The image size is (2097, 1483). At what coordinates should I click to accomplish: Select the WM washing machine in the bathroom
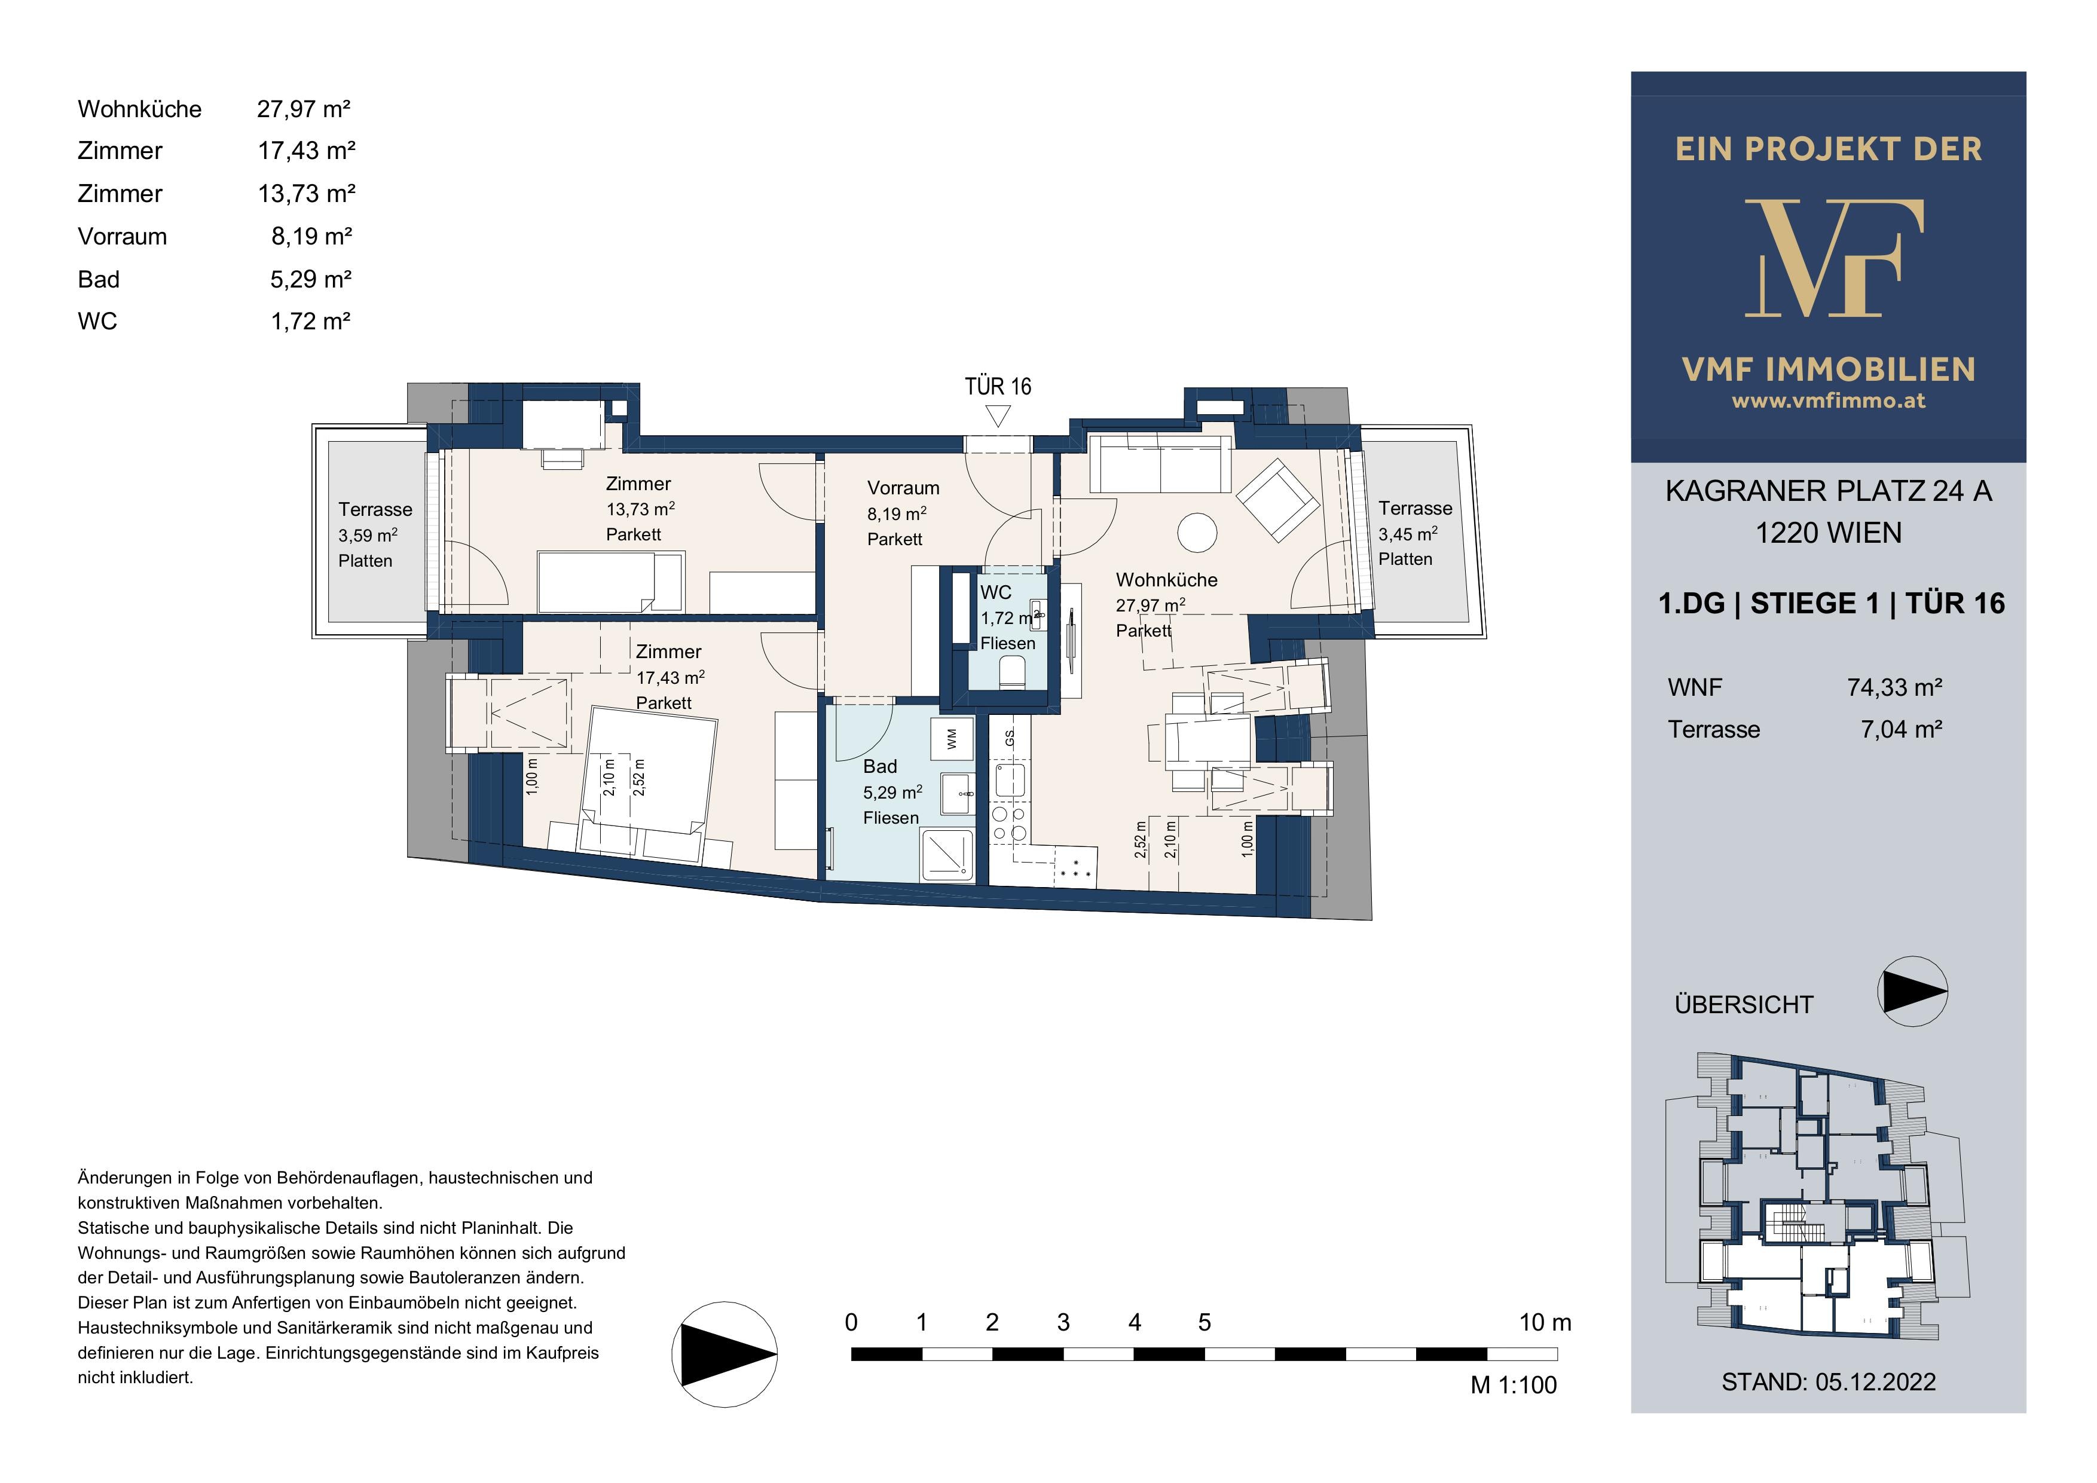[x=952, y=739]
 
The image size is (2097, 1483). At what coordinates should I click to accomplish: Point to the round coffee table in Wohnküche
[x=1197, y=531]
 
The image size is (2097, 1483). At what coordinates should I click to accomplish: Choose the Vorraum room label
[x=903, y=488]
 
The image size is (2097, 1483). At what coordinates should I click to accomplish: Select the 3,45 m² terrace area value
[x=1407, y=533]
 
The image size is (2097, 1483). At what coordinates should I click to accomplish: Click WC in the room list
[x=97, y=322]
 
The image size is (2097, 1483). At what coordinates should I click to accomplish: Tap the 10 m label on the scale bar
[x=1545, y=1322]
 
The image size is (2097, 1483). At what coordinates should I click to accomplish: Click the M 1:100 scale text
[x=1514, y=1386]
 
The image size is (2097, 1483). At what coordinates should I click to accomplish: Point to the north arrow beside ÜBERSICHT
[x=1912, y=992]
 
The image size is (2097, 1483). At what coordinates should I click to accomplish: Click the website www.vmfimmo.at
[x=1829, y=400]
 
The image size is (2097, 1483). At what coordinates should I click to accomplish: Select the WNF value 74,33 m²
[x=1894, y=687]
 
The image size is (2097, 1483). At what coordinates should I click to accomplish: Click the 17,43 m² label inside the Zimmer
[x=670, y=678]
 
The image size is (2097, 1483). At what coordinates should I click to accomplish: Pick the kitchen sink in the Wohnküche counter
[x=1010, y=780]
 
